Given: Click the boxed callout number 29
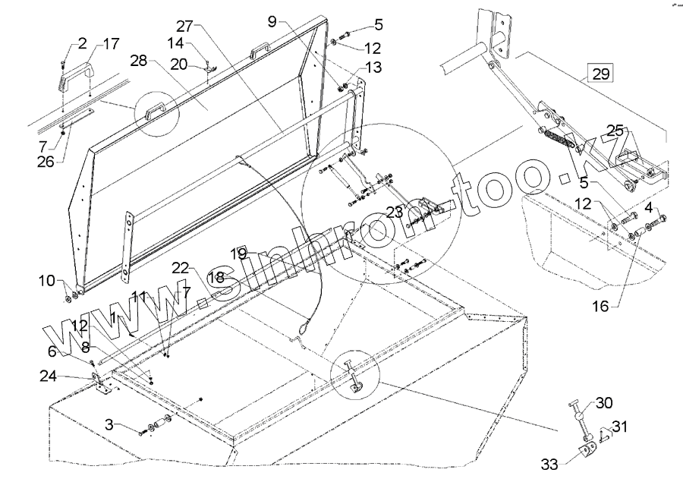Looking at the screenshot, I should pyautogui.click(x=600, y=74).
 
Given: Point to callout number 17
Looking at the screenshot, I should pyautogui.click(x=111, y=45).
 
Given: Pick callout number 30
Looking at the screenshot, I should pyautogui.click(x=604, y=402).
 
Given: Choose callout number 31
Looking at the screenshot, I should pyautogui.click(x=619, y=427).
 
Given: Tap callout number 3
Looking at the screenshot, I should pyautogui.click(x=112, y=424).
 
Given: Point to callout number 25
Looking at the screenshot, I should pyautogui.click(x=615, y=131).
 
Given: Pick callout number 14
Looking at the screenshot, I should pyautogui.click(x=175, y=43).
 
